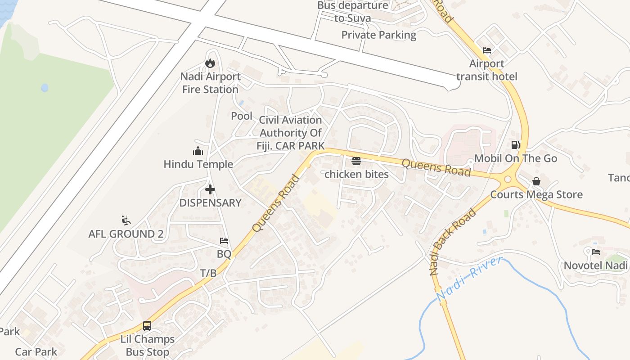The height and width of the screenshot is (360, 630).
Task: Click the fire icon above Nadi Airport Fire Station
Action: pos(210,63)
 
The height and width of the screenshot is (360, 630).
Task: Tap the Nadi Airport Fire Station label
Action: pos(210,83)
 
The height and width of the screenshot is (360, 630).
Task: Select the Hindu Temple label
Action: pos(198,164)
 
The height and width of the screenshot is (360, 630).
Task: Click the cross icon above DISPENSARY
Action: pos(210,189)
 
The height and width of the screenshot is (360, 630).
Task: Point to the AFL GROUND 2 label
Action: pos(126,234)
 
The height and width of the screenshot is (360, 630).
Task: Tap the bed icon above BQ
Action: pos(224,241)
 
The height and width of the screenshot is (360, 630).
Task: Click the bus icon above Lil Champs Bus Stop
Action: pos(147,325)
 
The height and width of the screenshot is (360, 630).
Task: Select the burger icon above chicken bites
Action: pos(356,161)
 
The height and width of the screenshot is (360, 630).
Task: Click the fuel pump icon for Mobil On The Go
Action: pos(516,145)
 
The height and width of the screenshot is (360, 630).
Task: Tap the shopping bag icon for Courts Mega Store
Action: pos(536,181)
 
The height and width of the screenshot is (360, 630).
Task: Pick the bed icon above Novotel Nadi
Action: pos(596,252)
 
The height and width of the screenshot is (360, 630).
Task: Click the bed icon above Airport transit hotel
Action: pos(487,50)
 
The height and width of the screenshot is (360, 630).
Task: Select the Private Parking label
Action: pos(378,35)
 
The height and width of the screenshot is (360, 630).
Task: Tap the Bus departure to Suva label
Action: pos(352,12)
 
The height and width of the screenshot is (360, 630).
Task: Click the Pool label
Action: pos(242,116)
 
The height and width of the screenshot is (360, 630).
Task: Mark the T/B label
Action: pos(208,273)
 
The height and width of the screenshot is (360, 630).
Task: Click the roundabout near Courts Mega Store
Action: pos(508,179)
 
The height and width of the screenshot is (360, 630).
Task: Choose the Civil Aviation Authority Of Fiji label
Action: pos(291,133)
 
